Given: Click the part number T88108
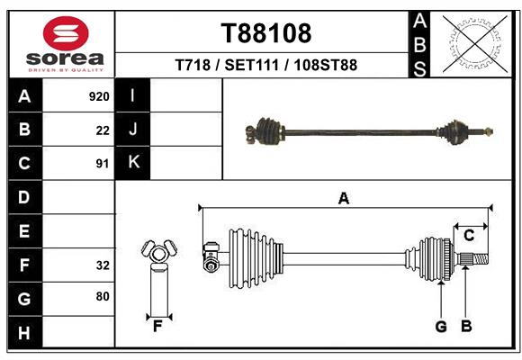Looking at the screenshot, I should (x=266, y=33).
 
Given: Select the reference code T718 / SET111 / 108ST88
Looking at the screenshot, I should (x=266, y=65).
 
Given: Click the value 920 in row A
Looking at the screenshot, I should (x=99, y=96).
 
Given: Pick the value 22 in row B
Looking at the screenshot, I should (x=103, y=130).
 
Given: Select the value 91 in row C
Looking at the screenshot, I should (x=103, y=164).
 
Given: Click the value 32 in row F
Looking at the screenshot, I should (x=103, y=265).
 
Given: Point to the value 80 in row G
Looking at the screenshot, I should (x=103, y=295).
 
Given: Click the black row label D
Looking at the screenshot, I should (x=24, y=197).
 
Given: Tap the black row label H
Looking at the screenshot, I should (x=24, y=333).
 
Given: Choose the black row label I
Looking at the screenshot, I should (x=133, y=96).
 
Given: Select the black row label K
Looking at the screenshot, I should (x=133, y=163).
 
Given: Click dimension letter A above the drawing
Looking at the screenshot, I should (x=343, y=199).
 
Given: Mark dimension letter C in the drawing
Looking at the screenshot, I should (x=469, y=236).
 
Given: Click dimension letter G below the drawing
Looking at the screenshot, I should (x=441, y=327).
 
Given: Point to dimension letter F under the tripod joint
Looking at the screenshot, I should (x=157, y=327).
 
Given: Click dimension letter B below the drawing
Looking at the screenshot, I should (x=466, y=327).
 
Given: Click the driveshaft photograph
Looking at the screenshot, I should (x=369, y=131).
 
